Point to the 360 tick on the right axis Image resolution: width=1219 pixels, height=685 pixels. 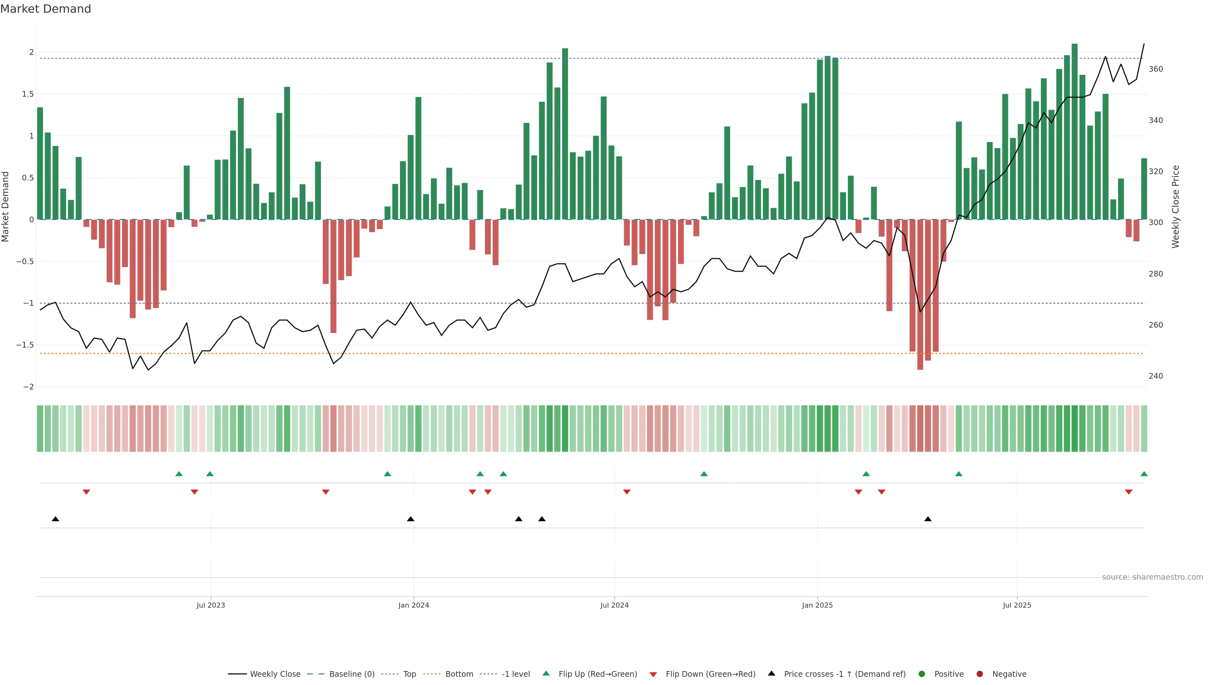(1155, 69)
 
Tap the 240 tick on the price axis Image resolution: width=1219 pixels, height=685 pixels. (1155, 376)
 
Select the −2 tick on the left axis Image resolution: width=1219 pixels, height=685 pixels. (28, 387)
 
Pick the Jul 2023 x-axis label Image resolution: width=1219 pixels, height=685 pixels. (210, 605)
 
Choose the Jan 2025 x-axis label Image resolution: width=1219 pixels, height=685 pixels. (817, 605)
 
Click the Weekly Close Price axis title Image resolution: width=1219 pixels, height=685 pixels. (1176, 206)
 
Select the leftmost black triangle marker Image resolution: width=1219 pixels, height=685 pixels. (55, 519)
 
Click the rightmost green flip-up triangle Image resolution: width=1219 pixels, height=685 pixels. (1144, 474)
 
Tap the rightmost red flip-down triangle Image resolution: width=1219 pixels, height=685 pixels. (1128, 492)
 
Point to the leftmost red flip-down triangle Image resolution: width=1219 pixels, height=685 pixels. (86, 492)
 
